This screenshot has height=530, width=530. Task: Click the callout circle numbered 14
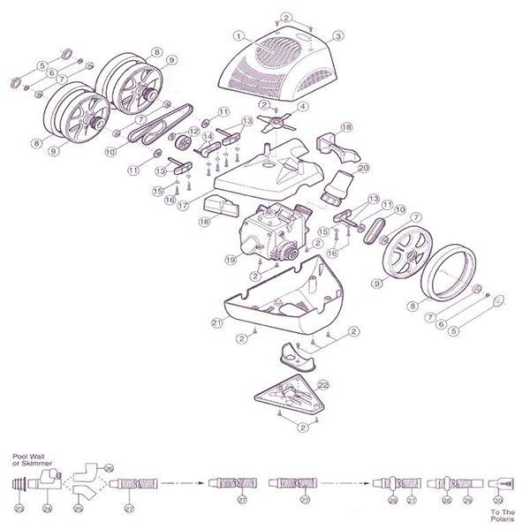coord(208,137)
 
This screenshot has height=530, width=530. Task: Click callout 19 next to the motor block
coord(231,260)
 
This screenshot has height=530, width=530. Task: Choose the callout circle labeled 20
coord(362,167)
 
